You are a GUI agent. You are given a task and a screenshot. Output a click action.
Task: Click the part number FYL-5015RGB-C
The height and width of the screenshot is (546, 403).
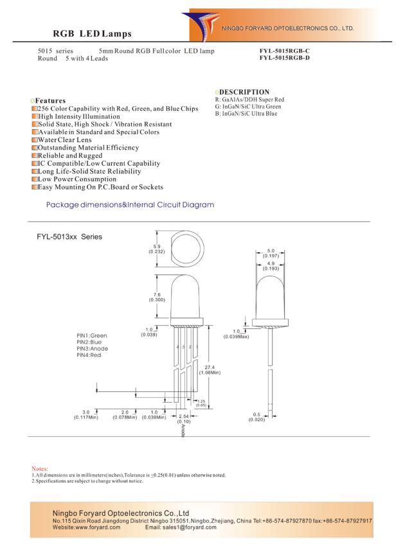(284, 51)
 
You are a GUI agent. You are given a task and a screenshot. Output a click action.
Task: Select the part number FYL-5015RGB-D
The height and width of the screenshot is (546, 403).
(284, 58)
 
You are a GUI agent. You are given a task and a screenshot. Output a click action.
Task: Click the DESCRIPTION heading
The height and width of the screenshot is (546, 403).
(244, 92)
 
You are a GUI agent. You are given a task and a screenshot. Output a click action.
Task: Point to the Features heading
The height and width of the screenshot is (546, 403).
(50, 101)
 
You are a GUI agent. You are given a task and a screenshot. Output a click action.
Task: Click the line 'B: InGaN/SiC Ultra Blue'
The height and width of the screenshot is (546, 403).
(246, 114)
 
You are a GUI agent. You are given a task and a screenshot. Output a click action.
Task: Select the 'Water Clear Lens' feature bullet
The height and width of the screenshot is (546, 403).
(64, 139)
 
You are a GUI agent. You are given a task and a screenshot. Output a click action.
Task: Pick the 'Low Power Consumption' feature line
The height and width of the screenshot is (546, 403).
(77, 179)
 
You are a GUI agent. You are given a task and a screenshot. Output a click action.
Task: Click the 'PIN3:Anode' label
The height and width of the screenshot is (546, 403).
(93, 349)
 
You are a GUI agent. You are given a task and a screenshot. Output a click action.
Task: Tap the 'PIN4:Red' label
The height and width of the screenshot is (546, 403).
(89, 355)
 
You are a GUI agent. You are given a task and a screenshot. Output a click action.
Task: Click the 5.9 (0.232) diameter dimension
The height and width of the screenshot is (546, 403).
(157, 249)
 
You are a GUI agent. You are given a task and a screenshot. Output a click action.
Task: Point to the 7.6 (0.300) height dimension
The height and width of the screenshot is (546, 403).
(157, 297)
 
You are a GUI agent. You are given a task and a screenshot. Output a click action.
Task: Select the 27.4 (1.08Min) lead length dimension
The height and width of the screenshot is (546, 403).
(210, 370)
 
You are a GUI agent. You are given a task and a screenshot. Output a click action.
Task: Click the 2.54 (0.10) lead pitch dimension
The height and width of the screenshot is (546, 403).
(184, 419)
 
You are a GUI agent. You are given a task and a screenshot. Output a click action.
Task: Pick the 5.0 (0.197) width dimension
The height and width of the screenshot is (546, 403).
(271, 253)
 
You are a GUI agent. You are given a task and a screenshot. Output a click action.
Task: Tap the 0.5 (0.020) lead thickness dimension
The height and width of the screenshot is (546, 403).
(256, 417)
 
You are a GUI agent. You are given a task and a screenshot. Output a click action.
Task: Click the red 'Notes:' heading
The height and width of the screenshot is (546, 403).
(40, 469)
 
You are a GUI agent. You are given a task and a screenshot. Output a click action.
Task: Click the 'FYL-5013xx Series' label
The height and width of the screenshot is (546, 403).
(69, 237)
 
